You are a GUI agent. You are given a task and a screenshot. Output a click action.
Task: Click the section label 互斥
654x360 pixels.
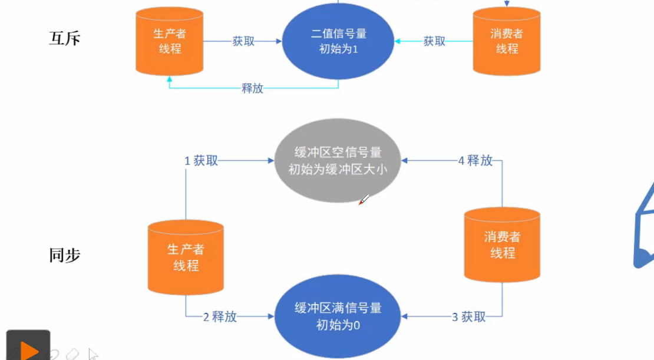point(64,39)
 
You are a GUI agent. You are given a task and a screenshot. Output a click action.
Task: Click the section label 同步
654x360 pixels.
point(64,256)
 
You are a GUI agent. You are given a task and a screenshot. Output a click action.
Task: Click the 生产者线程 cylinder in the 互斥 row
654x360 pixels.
point(170,41)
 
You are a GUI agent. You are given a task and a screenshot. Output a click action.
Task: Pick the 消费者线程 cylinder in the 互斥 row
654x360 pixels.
point(507,41)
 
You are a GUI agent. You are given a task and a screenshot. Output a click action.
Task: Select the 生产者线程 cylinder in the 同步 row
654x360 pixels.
point(186,258)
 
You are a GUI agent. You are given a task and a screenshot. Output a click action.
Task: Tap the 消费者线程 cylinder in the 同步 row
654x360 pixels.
point(502,245)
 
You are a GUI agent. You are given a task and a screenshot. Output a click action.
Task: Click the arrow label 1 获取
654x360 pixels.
point(201,160)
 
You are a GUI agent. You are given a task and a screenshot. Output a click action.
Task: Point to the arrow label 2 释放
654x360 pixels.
point(220,317)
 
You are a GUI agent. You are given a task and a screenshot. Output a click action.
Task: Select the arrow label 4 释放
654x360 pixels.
point(475,160)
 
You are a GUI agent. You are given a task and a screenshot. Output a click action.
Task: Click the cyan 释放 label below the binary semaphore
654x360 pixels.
point(252,89)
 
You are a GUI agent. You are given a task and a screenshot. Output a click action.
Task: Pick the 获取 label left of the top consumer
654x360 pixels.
point(434,41)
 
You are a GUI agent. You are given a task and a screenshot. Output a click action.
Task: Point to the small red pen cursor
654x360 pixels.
point(363,200)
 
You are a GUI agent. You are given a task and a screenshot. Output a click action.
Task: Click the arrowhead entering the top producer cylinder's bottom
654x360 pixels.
point(170,78)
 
